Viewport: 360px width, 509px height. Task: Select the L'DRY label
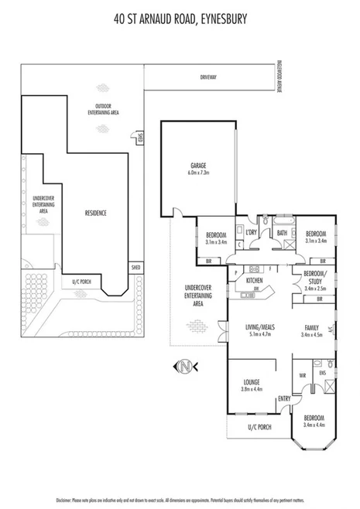(251, 232)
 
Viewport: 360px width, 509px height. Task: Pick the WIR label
(302, 377)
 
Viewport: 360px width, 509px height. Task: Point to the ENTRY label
(284, 398)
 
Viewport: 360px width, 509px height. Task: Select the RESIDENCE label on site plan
(95, 213)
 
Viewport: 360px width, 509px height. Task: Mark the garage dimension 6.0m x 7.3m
(198, 173)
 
